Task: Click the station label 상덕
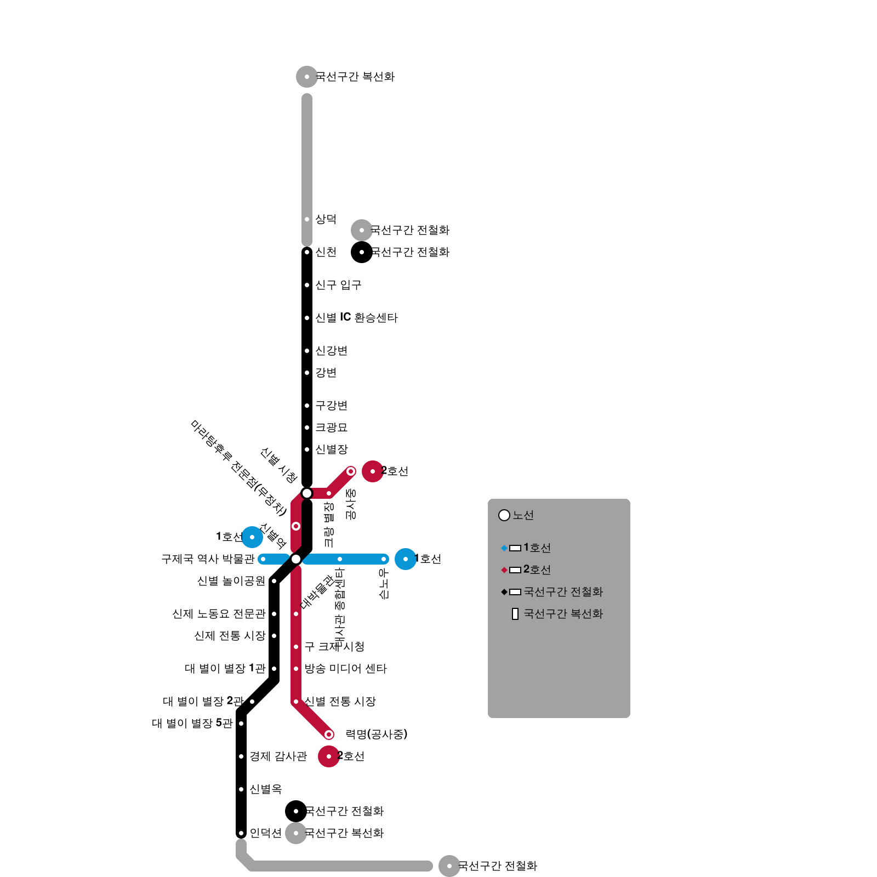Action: (x=326, y=219)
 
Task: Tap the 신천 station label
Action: (x=326, y=252)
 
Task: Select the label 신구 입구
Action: (x=338, y=285)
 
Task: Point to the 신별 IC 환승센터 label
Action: (x=356, y=318)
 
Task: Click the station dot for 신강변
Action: (x=307, y=351)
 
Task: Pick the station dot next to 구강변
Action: (x=307, y=406)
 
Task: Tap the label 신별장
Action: (x=331, y=449)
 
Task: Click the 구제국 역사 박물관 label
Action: (x=208, y=559)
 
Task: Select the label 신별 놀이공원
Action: (x=231, y=581)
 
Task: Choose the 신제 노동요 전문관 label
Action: (x=219, y=614)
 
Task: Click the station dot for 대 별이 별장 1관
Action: (x=274, y=669)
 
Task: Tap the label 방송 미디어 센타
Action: (x=345, y=669)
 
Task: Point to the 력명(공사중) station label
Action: (x=377, y=734)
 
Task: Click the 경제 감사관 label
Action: (x=278, y=756)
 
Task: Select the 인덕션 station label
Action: (x=265, y=833)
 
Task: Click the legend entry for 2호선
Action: (x=537, y=570)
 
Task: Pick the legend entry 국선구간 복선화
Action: (x=563, y=614)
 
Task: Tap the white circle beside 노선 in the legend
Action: (x=504, y=515)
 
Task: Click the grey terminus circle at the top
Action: (x=307, y=77)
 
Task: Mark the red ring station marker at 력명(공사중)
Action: (x=329, y=734)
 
